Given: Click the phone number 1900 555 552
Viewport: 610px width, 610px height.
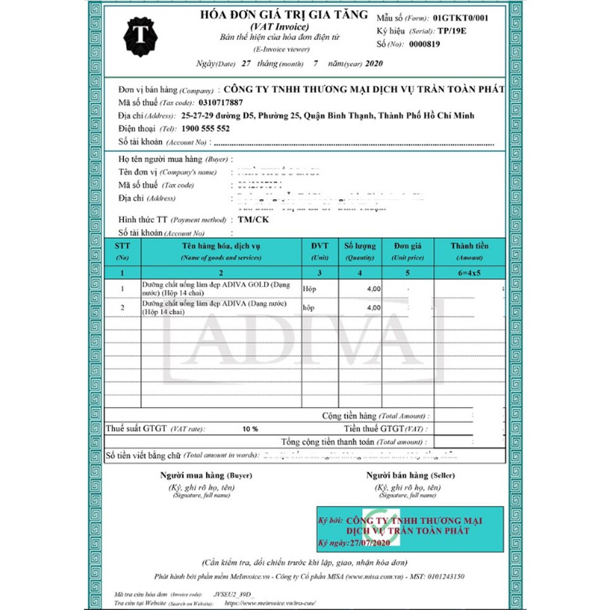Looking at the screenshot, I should [206, 128].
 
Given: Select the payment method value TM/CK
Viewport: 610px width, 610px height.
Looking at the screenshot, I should [253, 220].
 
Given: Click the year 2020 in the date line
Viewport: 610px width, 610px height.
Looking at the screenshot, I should [374, 64].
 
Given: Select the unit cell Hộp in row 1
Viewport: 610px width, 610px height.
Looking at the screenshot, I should [309, 288].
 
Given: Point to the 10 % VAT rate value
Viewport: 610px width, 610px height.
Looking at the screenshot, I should [250, 429].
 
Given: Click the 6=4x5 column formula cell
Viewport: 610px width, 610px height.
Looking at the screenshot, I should [469, 272].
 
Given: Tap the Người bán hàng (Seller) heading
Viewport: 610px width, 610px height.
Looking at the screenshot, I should [407, 475].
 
